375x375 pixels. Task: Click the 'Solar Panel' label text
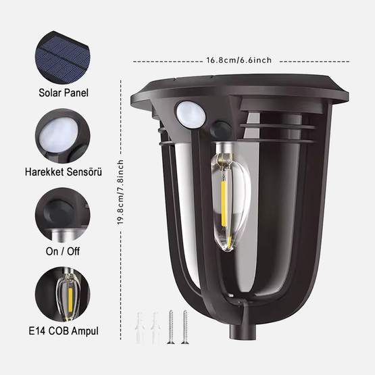[x=64, y=93]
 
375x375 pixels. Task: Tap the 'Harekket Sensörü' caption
[x=64, y=172]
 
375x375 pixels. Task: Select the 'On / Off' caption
[x=63, y=251]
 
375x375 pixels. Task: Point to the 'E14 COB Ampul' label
[x=64, y=331]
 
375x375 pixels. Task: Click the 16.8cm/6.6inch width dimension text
[x=239, y=60]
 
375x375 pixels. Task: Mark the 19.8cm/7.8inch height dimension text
[x=120, y=192]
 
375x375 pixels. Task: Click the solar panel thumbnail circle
[x=63, y=57]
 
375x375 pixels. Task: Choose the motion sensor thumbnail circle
[x=63, y=136]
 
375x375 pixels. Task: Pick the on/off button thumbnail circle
[x=63, y=215]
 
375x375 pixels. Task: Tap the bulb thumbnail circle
[x=63, y=294]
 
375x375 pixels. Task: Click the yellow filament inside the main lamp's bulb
[x=224, y=203]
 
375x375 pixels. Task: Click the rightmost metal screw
[x=185, y=327]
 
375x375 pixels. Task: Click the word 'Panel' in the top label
[x=76, y=93]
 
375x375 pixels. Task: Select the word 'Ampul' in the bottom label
[x=84, y=331]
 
